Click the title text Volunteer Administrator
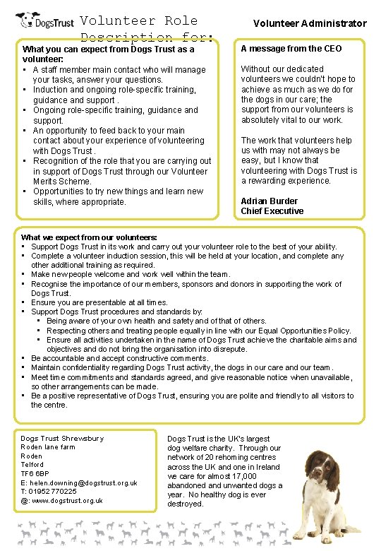click(310, 23)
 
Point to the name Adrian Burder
click(270, 201)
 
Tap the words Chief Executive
click(272, 211)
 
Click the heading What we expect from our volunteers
click(90, 237)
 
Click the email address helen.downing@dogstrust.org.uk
click(78, 483)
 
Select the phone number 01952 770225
click(52, 492)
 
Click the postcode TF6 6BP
click(35, 474)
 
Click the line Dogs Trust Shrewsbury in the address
click(62, 439)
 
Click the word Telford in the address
click(33, 465)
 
